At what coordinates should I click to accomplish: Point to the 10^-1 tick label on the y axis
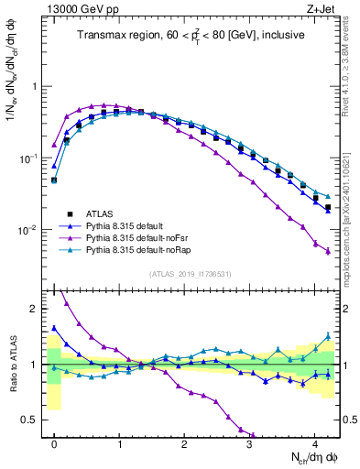[29, 158]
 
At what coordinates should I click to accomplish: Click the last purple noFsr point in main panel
[328, 251]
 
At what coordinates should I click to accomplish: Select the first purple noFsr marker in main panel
[54, 145]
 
